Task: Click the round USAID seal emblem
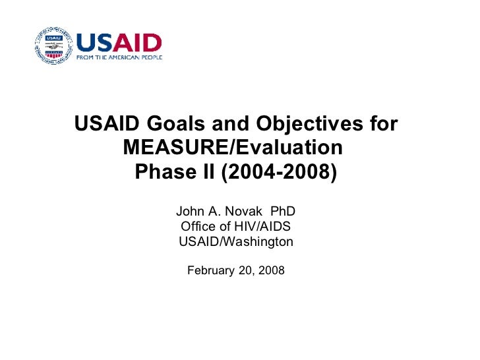[53, 45]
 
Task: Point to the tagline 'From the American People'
[119, 57]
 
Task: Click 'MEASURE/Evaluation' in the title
[233, 148]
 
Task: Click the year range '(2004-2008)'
[278, 171]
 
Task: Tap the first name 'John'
[189, 212]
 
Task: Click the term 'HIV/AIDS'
[263, 227]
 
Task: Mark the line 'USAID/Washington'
[236, 242]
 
